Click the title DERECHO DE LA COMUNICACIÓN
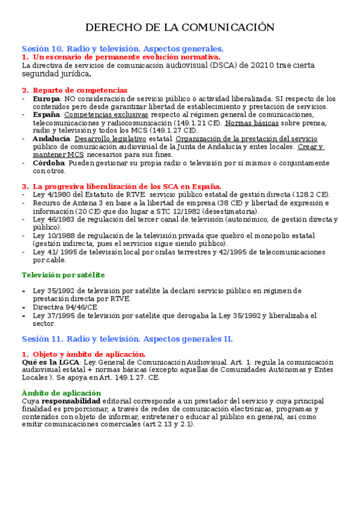point(180,28)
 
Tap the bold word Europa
point(46,99)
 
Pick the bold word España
point(46,114)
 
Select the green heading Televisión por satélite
point(63,275)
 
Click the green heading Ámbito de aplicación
point(61,393)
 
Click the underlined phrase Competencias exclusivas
point(106,114)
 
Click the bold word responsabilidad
point(71,401)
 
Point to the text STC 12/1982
point(193,211)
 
